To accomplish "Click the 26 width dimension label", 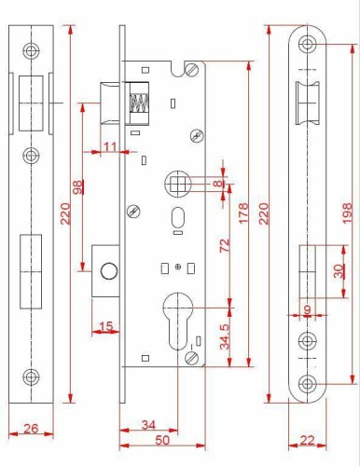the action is pyautogui.click(x=29, y=430).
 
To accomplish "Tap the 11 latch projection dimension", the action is pyautogui.click(x=110, y=145).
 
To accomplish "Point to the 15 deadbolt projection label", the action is pyautogui.click(x=105, y=325).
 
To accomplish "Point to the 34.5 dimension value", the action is pyautogui.click(x=225, y=333).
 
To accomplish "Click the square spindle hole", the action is pyautogui.click(x=178, y=183).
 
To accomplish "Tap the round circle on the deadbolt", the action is pyautogui.click(x=108, y=270).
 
